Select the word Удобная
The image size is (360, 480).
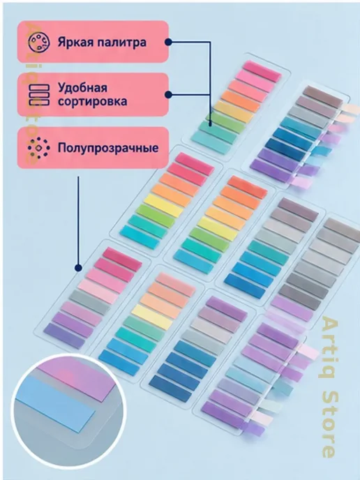pyautogui.click(x=82, y=88)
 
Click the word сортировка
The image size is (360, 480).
pyautogui.click(x=93, y=101)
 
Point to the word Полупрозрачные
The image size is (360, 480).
pyautogui.click(x=108, y=148)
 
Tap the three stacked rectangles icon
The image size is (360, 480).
pyautogui.click(x=39, y=95)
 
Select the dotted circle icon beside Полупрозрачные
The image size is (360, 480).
pyautogui.click(x=39, y=148)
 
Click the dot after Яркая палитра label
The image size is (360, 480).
pyautogui.click(x=168, y=43)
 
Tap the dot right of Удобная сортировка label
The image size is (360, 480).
pyautogui.click(x=168, y=95)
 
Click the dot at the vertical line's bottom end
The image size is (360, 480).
pyautogui.click(x=78, y=268)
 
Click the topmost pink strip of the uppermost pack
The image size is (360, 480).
pyautogui.click(x=262, y=71)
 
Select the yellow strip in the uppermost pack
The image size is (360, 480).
pyautogui.click(x=234, y=112)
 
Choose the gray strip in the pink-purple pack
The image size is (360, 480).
pyautogui.click(x=89, y=302)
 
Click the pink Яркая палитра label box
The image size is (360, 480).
pyautogui.click(x=93, y=42)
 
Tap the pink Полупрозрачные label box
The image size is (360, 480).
pyautogui.click(x=93, y=148)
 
